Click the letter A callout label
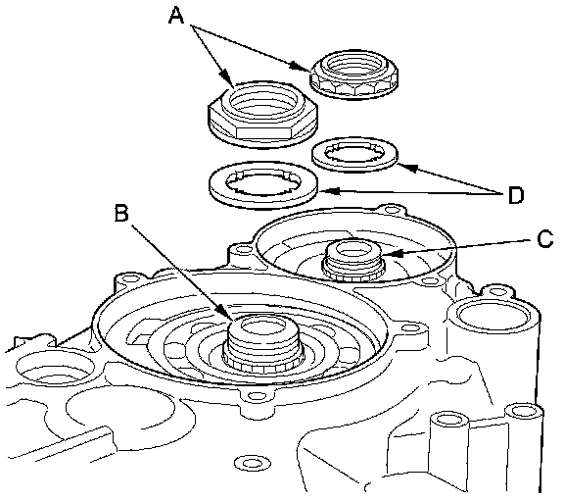coord(177,16)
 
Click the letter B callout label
coord(121,213)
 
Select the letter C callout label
coord(545,239)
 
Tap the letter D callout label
coord(516,195)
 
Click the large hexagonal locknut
coord(263,114)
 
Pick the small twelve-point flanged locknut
coord(354,75)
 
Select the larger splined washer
coord(263,184)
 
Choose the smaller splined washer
coord(355,155)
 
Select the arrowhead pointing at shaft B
coord(224,312)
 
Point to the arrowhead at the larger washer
coord(328,191)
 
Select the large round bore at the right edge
coord(493,314)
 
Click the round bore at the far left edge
coord(55,368)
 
